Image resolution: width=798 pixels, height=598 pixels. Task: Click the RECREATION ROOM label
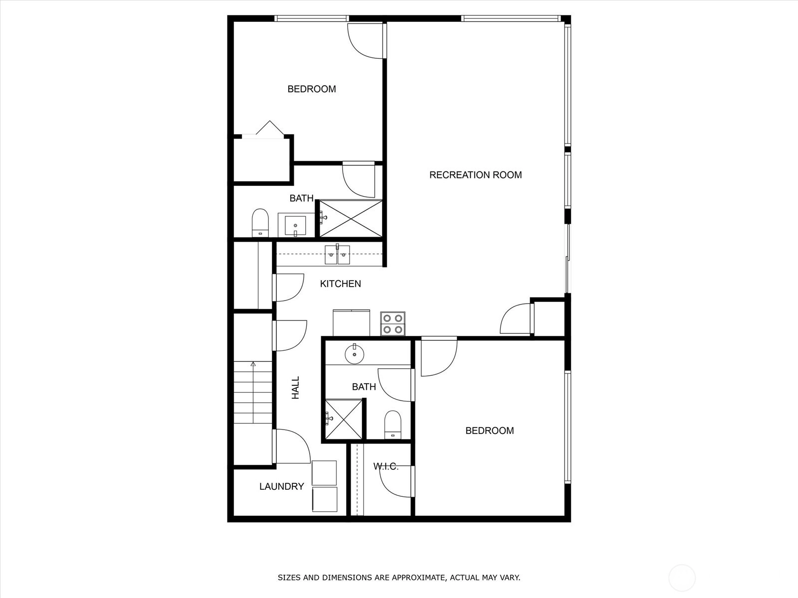[x=475, y=175]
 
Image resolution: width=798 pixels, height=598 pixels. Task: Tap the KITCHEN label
[x=340, y=284]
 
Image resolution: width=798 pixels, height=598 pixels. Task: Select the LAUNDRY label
[x=281, y=486]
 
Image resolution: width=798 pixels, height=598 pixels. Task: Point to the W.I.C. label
[x=386, y=466]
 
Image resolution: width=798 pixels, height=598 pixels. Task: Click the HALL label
[x=296, y=387]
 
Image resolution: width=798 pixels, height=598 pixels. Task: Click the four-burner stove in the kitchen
[x=393, y=324]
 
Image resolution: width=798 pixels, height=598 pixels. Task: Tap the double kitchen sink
[x=337, y=254]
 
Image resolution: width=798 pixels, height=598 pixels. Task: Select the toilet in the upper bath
[x=260, y=223]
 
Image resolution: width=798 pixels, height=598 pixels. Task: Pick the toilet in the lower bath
[x=393, y=425]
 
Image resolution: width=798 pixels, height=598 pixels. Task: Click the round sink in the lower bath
[x=355, y=354]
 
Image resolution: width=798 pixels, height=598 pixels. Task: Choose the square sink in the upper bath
[x=295, y=226]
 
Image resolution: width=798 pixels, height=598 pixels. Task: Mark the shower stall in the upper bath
[x=351, y=219]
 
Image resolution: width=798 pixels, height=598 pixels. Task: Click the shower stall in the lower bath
[x=344, y=420]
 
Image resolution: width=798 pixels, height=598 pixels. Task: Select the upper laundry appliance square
[x=324, y=473]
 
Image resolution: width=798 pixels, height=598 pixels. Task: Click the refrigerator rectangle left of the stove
[x=351, y=323]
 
